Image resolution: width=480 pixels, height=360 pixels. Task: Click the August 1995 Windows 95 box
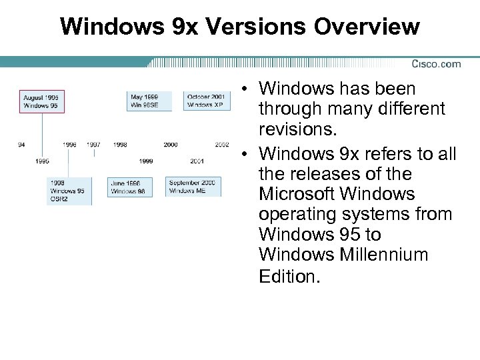pyautogui.click(x=42, y=101)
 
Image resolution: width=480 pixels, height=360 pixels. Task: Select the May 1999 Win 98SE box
pyautogui.click(x=149, y=101)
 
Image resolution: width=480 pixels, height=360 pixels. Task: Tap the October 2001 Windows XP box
pyautogui.click(x=206, y=101)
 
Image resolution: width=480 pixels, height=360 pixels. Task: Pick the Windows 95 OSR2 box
pyautogui.click(x=70, y=191)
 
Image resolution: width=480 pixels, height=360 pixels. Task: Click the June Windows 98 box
pyautogui.click(x=129, y=187)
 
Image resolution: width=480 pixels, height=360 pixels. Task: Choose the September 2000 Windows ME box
pyautogui.click(x=193, y=187)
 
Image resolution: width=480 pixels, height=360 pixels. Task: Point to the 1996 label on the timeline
pyautogui.click(x=69, y=145)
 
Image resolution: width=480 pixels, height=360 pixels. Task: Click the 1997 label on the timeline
pyautogui.click(x=93, y=145)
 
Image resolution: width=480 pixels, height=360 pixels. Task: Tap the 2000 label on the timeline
pyautogui.click(x=171, y=145)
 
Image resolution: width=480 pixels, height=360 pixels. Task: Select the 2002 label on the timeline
pyautogui.click(x=222, y=145)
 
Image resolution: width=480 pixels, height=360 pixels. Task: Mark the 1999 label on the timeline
pyautogui.click(x=145, y=161)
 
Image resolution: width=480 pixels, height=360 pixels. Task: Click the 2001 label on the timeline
pyautogui.click(x=197, y=161)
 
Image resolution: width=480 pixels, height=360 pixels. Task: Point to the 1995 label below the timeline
pyautogui.click(x=42, y=161)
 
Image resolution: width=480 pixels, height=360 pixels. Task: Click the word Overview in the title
pyautogui.click(x=364, y=27)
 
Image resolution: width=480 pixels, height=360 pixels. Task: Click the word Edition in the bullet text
pyautogui.click(x=289, y=275)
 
